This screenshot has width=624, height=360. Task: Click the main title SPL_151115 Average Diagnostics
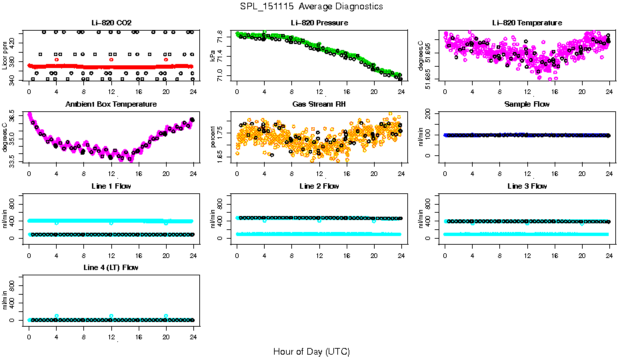(x=312, y=7)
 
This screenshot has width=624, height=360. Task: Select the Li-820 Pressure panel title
(x=319, y=23)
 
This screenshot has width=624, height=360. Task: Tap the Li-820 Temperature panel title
(x=527, y=23)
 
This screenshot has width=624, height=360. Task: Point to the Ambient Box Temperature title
(x=111, y=105)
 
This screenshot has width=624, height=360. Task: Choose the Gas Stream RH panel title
(x=319, y=105)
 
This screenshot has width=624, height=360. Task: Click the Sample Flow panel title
(x=527, y=105)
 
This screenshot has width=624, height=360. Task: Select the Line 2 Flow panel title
(x=319, y=186)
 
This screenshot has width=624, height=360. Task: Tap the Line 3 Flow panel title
(x=527, y=186)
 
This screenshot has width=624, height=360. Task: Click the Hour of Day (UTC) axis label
(x=311, y=351)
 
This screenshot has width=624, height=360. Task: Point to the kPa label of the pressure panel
(x=213, y=56)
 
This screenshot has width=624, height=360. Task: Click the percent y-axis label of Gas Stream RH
(x=213, y=137)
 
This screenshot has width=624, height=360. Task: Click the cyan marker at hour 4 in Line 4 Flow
(x=57, y=316)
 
